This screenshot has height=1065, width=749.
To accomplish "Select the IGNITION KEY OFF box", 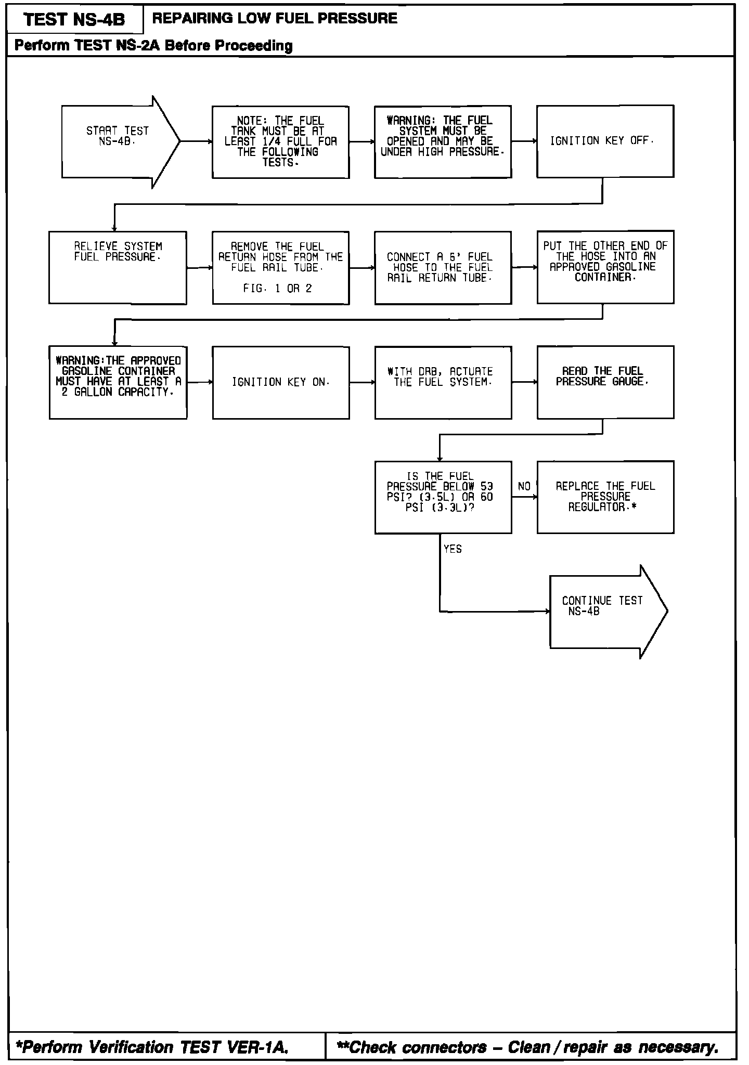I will tap(605, 141).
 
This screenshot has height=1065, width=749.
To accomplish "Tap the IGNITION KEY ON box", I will tap(281, 383).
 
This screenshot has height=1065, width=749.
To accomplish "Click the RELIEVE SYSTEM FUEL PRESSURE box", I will tap(118, 267).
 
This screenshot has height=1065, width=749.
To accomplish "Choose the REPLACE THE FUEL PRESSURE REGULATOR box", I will tap(605, 497).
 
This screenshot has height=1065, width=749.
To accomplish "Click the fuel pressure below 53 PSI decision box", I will tap(443, 497).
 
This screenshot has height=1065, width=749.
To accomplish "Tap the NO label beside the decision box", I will tap(524, 487).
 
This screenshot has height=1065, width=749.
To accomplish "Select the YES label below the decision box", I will tap(453, 549).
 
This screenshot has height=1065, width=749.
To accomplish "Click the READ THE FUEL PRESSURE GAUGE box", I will tap(605, 382).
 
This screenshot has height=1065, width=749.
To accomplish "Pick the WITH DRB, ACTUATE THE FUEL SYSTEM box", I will tap(443, 382).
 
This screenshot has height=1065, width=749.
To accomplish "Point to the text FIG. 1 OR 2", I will tap(277, 289).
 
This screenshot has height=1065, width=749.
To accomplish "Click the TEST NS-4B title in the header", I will tap(74, 20).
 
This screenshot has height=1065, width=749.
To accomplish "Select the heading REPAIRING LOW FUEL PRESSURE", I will tap(275, 19).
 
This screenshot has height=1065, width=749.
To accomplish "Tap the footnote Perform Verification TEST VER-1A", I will tap(152, 1047).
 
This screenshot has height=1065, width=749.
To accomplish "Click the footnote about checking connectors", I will tap(527, 1047).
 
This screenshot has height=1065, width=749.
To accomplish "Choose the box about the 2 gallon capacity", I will tap(118, 382).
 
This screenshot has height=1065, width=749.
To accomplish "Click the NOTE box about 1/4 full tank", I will tap(280, 142).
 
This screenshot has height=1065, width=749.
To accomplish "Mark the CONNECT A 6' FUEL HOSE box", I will tap(443, 267).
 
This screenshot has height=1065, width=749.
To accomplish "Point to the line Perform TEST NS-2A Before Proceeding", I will tap(153, 46).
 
